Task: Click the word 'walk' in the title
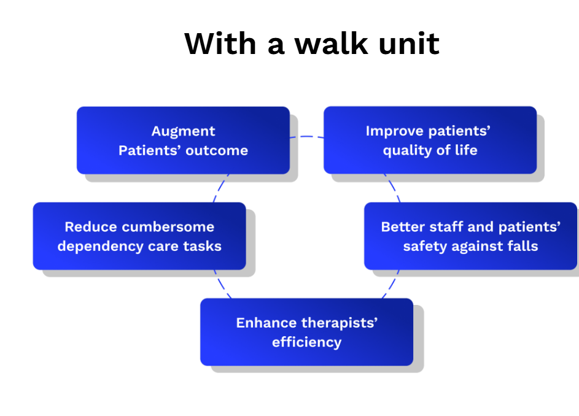pyautogui.click(x=331, y=44)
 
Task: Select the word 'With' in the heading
pyautogui.click(x=220, y=44)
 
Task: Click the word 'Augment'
pyautogui.click(x=183, y=131)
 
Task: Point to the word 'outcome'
pyautogui.click(x=217, y=150)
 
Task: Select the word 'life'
pyautogui.click(x=466, y=150)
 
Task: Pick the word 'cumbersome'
pyautogui.click(x=168, y=226)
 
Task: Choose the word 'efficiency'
pyautogui.click(x=307, y=342)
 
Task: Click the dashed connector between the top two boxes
pyautogui.click(x=307, y=137)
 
